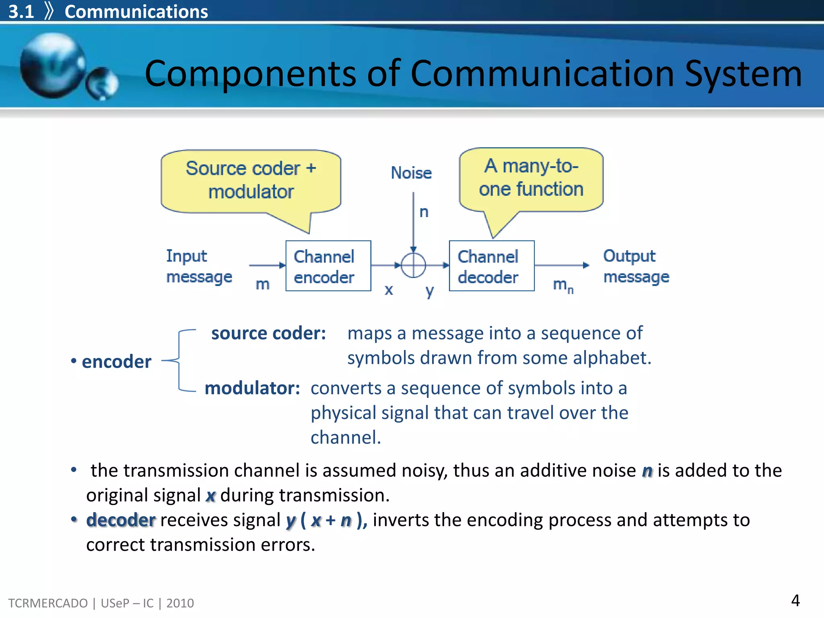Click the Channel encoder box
point(328,266)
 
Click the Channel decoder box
point(491,266)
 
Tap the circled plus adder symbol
point(413,265)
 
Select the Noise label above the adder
point(411,173)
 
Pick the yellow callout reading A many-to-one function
point(531,179)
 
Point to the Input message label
point(199,266)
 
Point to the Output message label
point(636,266)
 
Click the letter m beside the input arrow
point(262,284)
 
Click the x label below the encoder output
point(388,290)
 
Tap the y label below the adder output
point(430,290)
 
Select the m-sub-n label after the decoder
point(563,285)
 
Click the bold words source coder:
point(268,333)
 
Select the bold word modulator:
point(252,388)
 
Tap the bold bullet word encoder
point(116,362)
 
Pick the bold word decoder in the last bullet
point(121,520)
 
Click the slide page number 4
point(795,601)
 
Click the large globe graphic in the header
point(52,66)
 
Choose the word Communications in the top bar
point(136,12)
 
